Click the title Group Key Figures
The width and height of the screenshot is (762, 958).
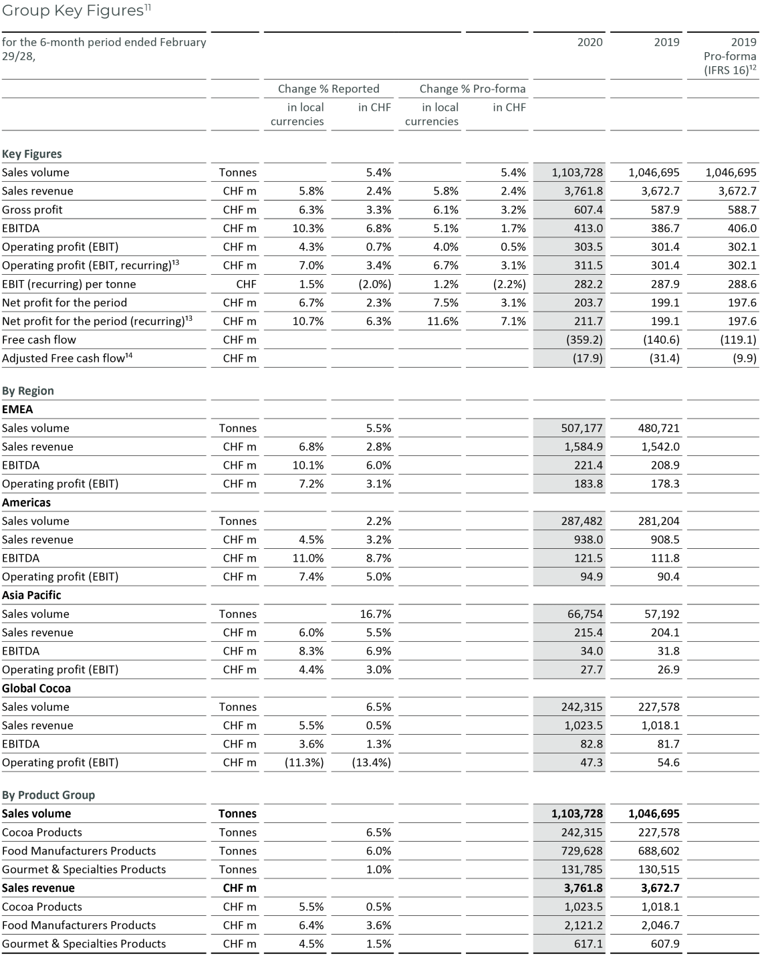pos(73,11)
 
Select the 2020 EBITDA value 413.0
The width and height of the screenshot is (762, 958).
pos(588,228)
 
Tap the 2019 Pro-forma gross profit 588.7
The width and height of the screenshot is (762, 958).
pos(737,209)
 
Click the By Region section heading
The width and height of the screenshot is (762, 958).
pos(28,390)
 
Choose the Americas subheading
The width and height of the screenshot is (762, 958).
pos(26,502)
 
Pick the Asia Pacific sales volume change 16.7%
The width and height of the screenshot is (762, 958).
pos(375,614)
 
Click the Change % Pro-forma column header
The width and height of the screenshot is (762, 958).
pos(472,89)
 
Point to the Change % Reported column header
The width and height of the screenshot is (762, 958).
pos(328,89)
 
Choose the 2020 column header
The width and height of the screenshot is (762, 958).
pos(590,42)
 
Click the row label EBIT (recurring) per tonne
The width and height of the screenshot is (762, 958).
pos(69,284)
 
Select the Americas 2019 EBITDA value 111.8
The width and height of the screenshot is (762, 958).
pos(664,558)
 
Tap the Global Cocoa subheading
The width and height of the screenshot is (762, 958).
pos(36,688)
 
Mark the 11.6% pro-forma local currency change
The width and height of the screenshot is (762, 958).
pos(442,321)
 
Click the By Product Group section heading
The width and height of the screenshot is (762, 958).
pos(48,795)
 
